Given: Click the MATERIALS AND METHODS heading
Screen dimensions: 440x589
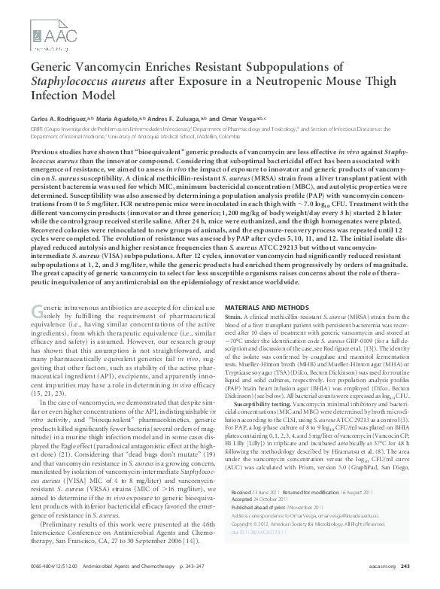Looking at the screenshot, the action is coord(268,308).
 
